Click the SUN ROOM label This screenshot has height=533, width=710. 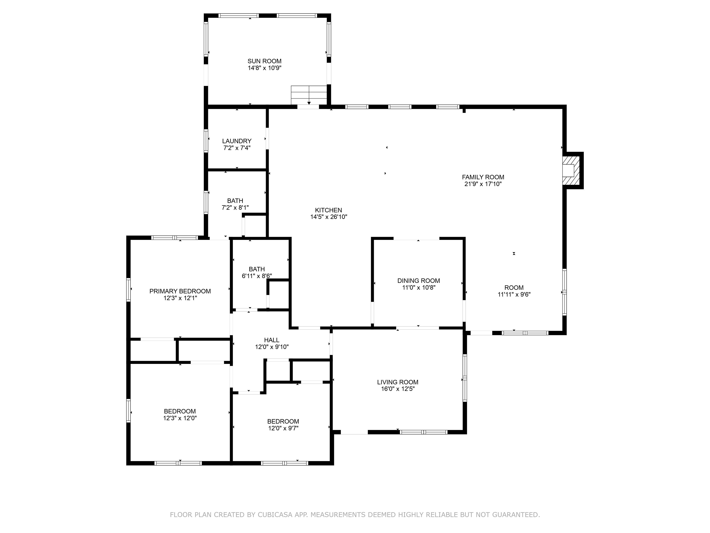pos(264,61)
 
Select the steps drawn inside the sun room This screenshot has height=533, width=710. pos(309,95)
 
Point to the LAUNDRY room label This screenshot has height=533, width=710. pos(237,141)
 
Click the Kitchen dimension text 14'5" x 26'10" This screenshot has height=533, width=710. pos(328,217)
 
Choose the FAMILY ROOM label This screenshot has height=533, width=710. pos(483,177)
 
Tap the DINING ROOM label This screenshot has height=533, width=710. pos(418,281)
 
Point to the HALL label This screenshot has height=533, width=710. pos(272,340)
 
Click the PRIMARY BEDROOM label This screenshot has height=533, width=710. pos(180,291)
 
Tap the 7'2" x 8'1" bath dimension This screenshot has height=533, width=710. pos(235,208)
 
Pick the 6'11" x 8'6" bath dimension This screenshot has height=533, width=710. pos(257,276)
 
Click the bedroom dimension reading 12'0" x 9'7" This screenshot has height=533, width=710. pos(283,428)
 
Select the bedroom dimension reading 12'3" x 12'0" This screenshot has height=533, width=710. pos(180,418)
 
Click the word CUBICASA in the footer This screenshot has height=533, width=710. pos(275,515)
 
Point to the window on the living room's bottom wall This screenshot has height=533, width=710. pos(423,432)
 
